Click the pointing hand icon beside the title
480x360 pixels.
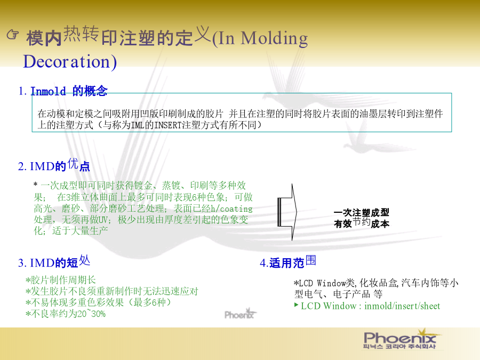click(x=13, y=35)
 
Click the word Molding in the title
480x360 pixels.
click(x=274, y=39)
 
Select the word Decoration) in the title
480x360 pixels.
click(x=70, y=62)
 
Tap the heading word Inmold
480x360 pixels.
click(x=48, y=91)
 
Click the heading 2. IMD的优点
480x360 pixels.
click(x=54, y=165)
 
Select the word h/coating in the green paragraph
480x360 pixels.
click(x=232, y=209)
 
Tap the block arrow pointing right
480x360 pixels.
click(x=287, y=212)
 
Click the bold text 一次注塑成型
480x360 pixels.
click(x=362, y=212)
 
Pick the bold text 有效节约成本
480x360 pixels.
click(x=362, y=223)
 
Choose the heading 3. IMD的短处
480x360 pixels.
click(x=54, y=262)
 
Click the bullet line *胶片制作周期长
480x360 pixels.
click(x=61, y=280)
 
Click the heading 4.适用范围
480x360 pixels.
click(x=288, y=262)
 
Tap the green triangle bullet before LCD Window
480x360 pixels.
click(x=296, y=305)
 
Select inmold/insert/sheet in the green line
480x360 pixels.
click(x=402, y=306)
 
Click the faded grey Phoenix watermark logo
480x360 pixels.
click(x=241, y=314)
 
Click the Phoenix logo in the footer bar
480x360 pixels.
click(x=400, y=337)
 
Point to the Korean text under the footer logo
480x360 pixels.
click(x=399, y=347)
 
